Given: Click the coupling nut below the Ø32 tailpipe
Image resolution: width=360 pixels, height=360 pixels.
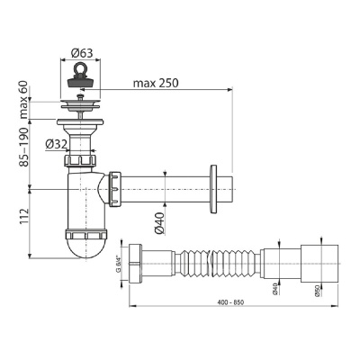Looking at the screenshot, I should pos(80,163).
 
